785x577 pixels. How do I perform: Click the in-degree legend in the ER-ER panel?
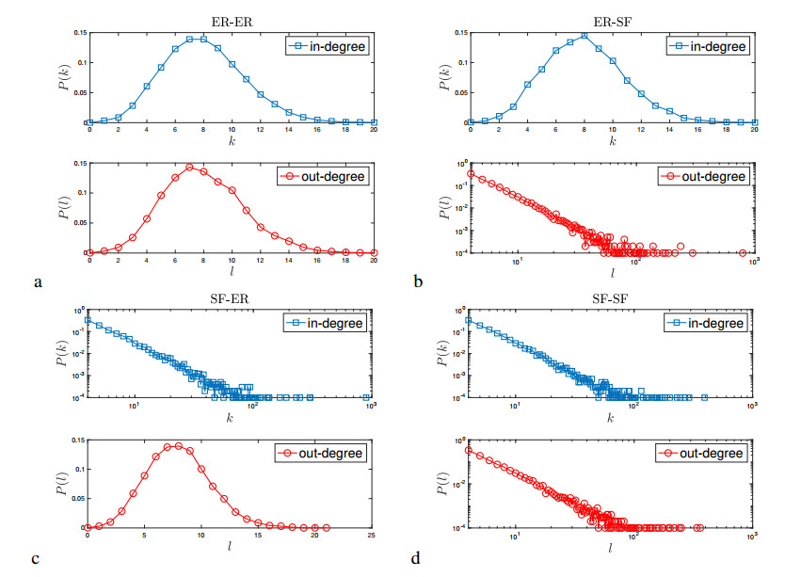click(328, 44)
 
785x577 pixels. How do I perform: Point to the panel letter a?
click(37, 280)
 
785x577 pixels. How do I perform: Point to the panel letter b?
click(415, 280)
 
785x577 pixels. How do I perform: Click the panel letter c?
click(37, 558)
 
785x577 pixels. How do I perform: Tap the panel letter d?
click(415, 558)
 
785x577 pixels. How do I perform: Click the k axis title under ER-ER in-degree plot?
click(231, 140)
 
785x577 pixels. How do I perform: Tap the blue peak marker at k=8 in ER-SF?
click(585, 36)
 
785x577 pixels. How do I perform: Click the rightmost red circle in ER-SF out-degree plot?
click(743, 252)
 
